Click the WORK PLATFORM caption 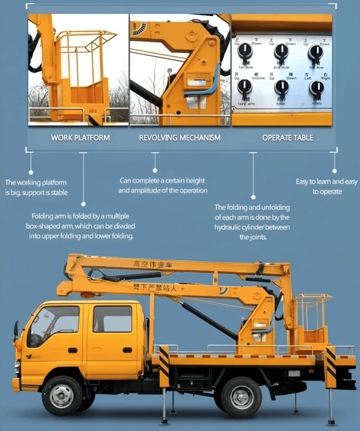click(x=80, y=138)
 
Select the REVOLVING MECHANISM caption click(x=179, y=138)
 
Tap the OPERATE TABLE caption click(x=287, y=138)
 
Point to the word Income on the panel click(x=258, y=78)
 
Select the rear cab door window click(x=112, y=319)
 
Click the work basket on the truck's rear click(x=312, y=323)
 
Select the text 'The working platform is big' click(x=36, y=187)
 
